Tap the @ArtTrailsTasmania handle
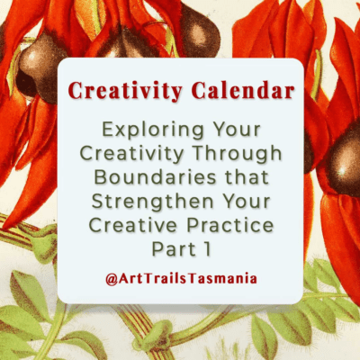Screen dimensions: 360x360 coord(180,278)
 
